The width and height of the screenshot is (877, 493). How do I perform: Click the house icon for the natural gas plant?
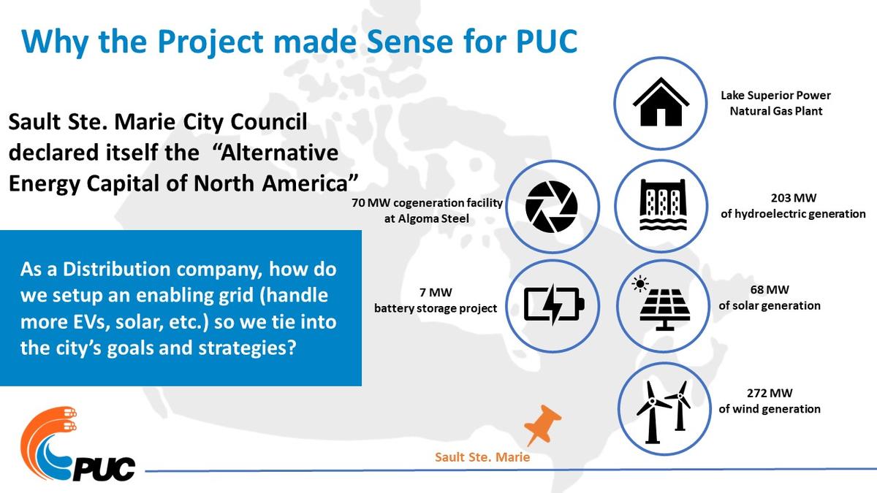[x=661, y=102]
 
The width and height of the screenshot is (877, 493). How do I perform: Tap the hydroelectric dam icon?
[x=663, y=205]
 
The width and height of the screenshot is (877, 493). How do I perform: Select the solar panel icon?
[x=661, y=303]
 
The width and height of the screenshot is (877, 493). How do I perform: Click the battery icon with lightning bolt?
[x=554, y=305]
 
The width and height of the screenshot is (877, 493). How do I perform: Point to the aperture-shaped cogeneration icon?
[x=551, y=207]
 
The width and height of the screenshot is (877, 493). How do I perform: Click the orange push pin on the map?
[x=542, y=425]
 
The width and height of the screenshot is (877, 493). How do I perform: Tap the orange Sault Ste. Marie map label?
[x=482, y=457]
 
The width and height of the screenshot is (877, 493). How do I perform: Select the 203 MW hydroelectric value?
[x=793, y=198]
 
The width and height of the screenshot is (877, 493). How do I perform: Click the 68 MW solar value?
[x=770, y=289]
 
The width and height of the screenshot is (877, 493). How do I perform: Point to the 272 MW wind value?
[x=770, y=393]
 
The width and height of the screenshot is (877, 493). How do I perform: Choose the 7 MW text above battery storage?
[x=436, y=292]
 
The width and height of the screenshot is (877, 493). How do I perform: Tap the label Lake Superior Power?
[x=775, y=96]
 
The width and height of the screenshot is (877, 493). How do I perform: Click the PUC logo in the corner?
[x=77, y=445]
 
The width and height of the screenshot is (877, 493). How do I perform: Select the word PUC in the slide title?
[x=547, y=41]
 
